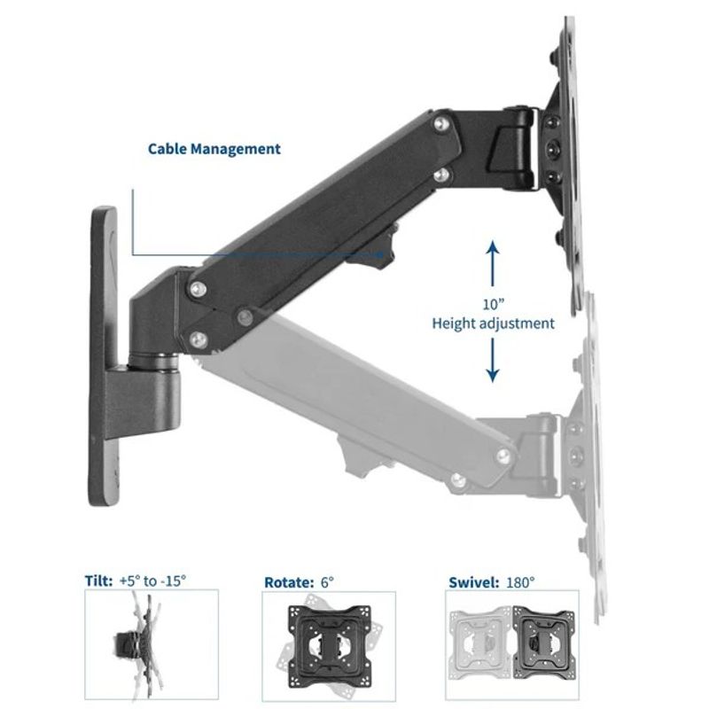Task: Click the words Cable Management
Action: (x=214, y=149)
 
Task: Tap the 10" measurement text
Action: (x=493, y=303)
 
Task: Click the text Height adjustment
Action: (x=493, y=323)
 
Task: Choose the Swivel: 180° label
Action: (x=491, y=582)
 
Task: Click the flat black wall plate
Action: (x=104, y=354)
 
